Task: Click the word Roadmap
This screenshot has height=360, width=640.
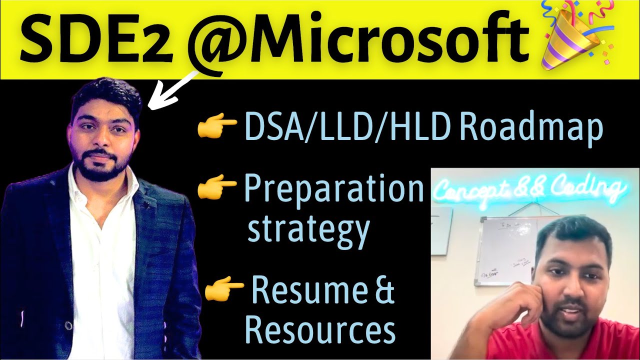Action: tap(531, 128)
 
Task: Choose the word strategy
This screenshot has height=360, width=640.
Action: tap(308, 228)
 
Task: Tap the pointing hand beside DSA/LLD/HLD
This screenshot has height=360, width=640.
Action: tap(216, 127)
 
